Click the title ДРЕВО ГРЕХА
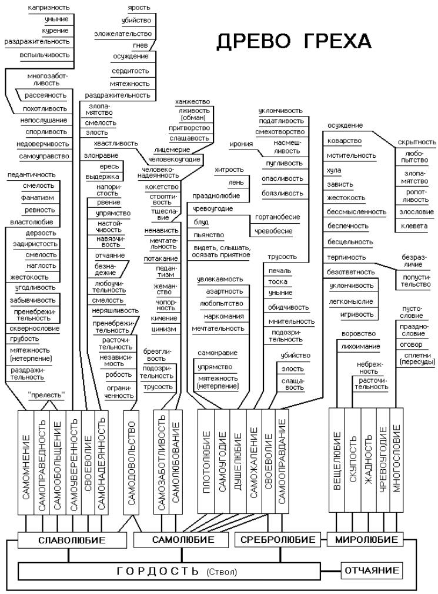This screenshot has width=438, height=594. (x=294, y=41)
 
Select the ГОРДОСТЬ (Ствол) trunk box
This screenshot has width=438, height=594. (x=169, y=571)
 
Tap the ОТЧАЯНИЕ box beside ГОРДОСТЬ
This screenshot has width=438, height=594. (x=372, y=570)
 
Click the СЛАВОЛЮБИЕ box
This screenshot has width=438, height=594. (x=72, y=540)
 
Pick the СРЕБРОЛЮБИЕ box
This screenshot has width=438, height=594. (x=278, y=539)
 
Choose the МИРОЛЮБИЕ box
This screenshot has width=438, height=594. (x=366, y=539)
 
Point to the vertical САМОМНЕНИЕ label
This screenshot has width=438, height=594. (x=26, y=467)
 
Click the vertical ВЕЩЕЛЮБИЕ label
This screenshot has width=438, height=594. (x=337, y=460)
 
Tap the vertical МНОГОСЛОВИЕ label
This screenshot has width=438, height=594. (x=396, y=458)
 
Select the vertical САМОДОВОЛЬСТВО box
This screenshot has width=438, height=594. (x=131, y=462)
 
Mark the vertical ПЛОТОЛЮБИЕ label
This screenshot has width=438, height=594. (x=206, y=462)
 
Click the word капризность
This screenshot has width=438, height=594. (x=49, y=8)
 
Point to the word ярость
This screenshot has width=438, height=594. (x=139, y=8)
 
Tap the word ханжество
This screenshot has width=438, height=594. (x=192, y=102)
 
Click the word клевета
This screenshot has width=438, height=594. (x=414, y=226)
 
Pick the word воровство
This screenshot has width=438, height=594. (x=359, y=334)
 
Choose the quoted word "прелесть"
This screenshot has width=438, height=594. (x=46, y=395)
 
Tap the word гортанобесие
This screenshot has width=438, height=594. (x=277, y=217)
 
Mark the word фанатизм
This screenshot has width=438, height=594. (x=38, y=198)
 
